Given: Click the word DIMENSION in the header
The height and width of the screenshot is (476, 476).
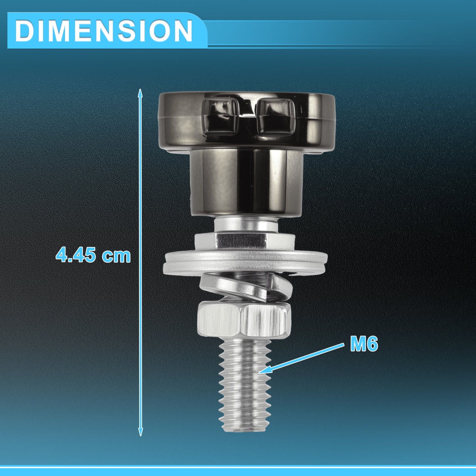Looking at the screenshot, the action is pyautogui.click(x=104, y=30).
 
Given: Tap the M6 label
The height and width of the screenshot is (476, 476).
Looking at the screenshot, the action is pyautogui.click(x=364, y=344).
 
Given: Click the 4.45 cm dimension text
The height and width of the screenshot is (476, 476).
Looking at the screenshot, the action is pyautogui.click(x=93, y=255).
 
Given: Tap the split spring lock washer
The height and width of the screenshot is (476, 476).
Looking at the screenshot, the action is pyautogui.click(x=246, y=287).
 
